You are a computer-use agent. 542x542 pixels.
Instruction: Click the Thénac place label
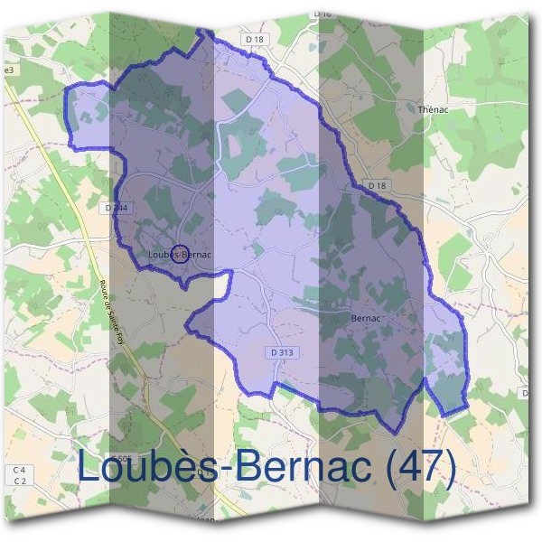coord(435,108)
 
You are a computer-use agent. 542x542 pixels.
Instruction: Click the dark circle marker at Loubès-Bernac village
coord(180,255)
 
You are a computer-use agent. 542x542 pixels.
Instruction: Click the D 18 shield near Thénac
coord(378,185)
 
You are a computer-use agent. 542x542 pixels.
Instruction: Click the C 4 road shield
coord(19,471)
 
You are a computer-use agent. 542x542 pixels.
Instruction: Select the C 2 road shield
coord(19,481)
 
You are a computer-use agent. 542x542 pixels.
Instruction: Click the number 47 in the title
coord(419,468)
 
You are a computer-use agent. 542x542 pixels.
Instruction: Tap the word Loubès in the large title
coord(145,468)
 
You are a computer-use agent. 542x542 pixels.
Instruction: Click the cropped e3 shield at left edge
coord(9,70)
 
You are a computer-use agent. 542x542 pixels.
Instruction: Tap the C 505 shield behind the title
coord(123,459)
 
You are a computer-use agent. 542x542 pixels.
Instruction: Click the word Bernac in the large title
coord(293,468)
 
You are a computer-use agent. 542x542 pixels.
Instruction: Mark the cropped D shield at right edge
coord(525,392)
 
